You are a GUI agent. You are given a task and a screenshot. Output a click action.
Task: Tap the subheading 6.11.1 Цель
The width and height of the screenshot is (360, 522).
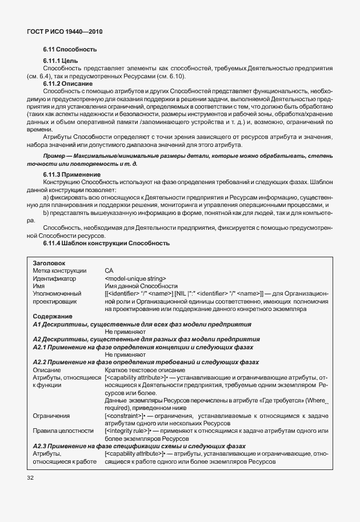[x=61, y=61]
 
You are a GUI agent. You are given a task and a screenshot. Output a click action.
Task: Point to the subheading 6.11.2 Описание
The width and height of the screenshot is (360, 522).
[x=67, y=83]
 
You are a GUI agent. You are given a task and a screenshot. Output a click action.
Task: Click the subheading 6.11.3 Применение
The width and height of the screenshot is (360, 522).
[x=72, y=174]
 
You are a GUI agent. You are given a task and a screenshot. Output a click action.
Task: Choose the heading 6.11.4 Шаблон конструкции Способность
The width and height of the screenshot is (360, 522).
[x=106, y=243]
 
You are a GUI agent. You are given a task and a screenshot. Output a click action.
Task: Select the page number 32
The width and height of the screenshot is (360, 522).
[x=31, y=476]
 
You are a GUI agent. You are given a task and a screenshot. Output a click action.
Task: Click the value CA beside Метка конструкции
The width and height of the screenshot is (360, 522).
[x=109, y=270]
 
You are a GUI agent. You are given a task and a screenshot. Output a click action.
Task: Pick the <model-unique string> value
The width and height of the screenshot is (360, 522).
[x=135, y=278]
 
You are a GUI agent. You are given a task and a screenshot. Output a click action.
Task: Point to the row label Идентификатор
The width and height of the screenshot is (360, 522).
[x=54, y=278]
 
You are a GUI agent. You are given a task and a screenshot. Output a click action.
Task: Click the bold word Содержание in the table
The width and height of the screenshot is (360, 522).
[x=52, y=316]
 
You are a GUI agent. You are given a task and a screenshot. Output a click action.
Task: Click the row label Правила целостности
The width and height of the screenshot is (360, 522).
[x=63, y=431]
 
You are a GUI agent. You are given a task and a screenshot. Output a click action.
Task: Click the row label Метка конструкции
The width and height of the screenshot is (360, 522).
[x=59, y=270]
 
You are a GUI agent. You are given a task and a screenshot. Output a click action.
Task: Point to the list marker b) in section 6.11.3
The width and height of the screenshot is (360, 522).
[x=46, y=212]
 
